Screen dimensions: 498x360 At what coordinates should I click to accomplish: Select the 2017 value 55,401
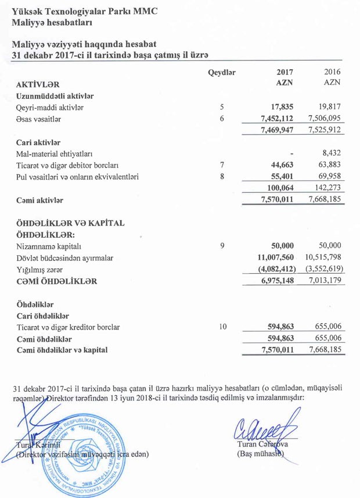(x=285, y=176)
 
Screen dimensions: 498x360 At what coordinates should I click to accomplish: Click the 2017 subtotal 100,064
(x=284, y=188)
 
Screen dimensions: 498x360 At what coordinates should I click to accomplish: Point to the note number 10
(x=222, y=327)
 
